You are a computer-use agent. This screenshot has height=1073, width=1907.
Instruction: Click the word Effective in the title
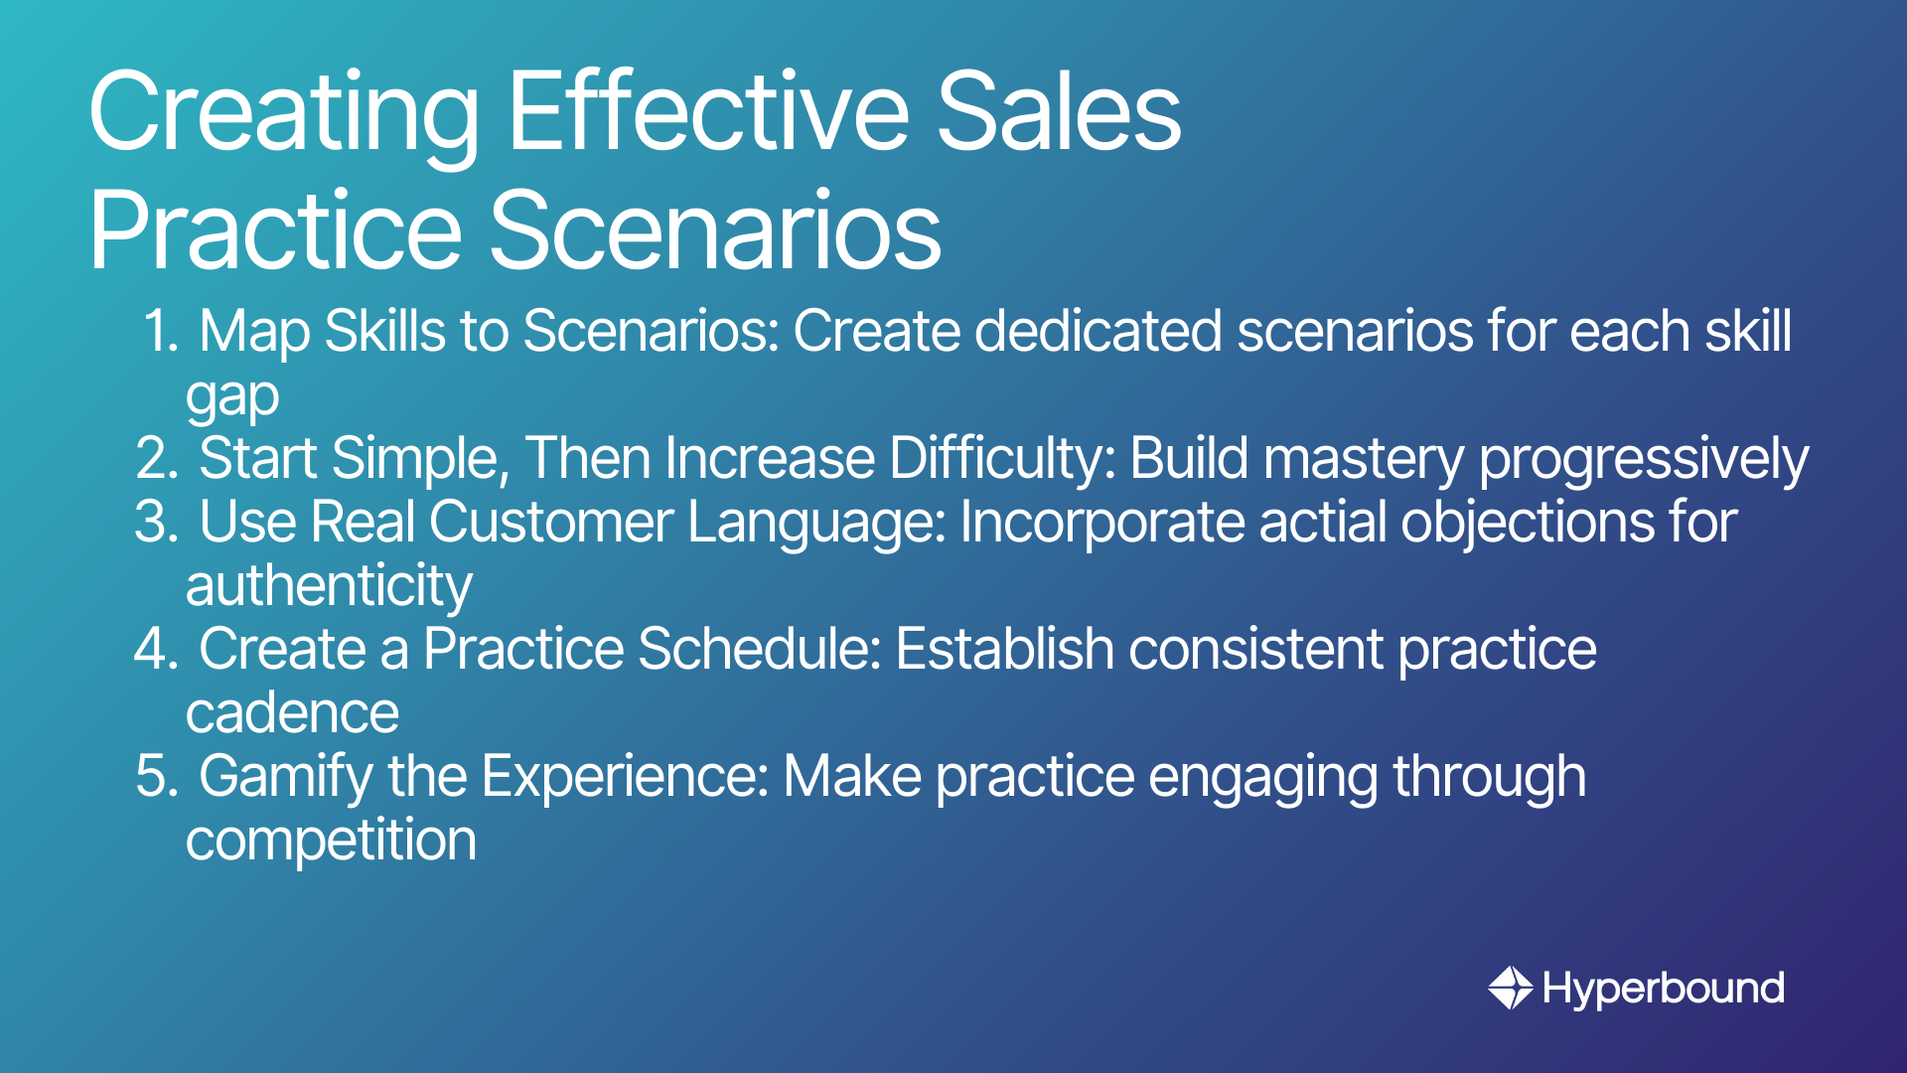(x=708, y=111)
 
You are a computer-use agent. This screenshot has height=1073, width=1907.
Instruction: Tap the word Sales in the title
(x=1059, y=111)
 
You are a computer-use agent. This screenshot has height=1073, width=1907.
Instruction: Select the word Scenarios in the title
(x=715, y=230)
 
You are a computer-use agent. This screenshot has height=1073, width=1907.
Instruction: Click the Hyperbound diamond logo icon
(x=1511, y=988)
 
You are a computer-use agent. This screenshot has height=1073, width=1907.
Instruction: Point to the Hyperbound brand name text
(x=1664, y=989)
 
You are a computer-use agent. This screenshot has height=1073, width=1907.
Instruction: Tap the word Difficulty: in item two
(x=1002, y=458)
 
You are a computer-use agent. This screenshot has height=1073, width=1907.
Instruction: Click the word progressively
(x=1644, y=460)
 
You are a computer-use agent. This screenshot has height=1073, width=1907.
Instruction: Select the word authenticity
(x=329, y=586)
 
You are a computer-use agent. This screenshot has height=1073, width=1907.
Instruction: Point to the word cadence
(x=293, y=713)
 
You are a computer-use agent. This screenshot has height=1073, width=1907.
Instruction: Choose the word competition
(x=332, y=842)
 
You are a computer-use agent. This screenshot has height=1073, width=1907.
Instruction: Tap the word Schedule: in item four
(x=760, y=649)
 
